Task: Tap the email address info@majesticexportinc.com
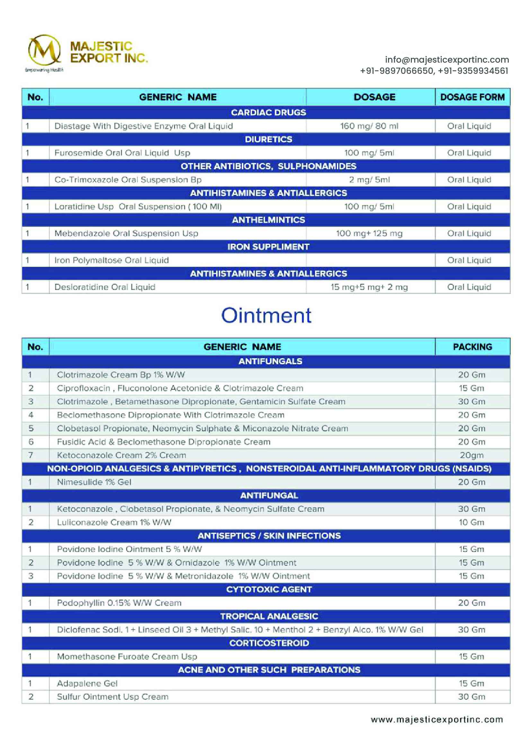447,59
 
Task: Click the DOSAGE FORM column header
472,97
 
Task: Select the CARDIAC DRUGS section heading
268,112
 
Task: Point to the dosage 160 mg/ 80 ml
369,126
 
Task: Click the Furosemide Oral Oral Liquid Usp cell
122,153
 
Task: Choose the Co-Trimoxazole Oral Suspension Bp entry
128,180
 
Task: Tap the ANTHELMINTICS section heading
268,220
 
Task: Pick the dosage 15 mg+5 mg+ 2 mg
369,287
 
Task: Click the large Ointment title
266,315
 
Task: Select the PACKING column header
472,347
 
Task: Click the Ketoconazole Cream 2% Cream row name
121,455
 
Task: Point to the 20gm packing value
472,455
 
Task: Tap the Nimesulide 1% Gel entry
94,482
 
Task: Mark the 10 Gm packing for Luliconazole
471,522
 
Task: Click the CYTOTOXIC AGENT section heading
269,589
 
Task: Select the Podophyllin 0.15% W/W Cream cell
119,603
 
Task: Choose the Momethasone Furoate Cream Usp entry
127,657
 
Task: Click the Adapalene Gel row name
87,683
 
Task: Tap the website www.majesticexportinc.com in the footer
437,720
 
